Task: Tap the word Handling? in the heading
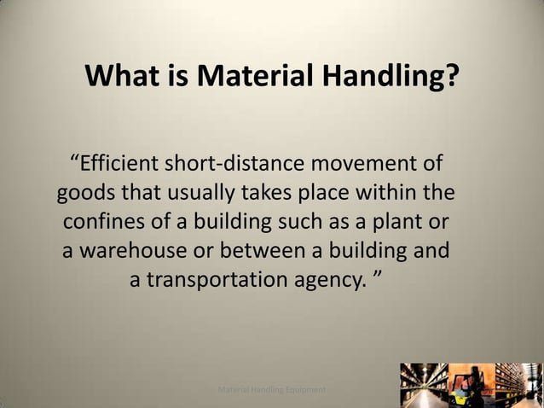coord(396,79)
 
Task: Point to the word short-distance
coord(256,161)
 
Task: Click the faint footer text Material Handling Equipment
coord(271,389)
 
